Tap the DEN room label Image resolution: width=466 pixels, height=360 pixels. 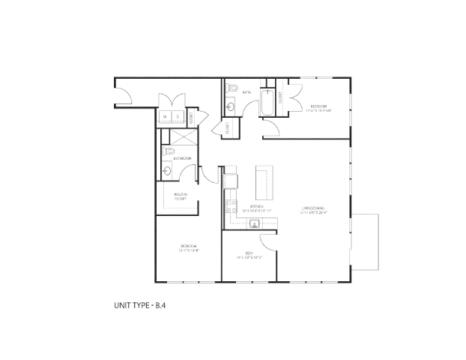(x=249, y=253)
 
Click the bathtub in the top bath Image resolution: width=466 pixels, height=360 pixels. (x=267, y=103)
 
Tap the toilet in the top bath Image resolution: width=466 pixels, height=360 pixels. (x=233, y=90)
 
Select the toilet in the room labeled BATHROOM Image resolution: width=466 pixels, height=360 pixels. (x=166, y=152)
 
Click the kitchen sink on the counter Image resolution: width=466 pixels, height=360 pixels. (x=255, y=223)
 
